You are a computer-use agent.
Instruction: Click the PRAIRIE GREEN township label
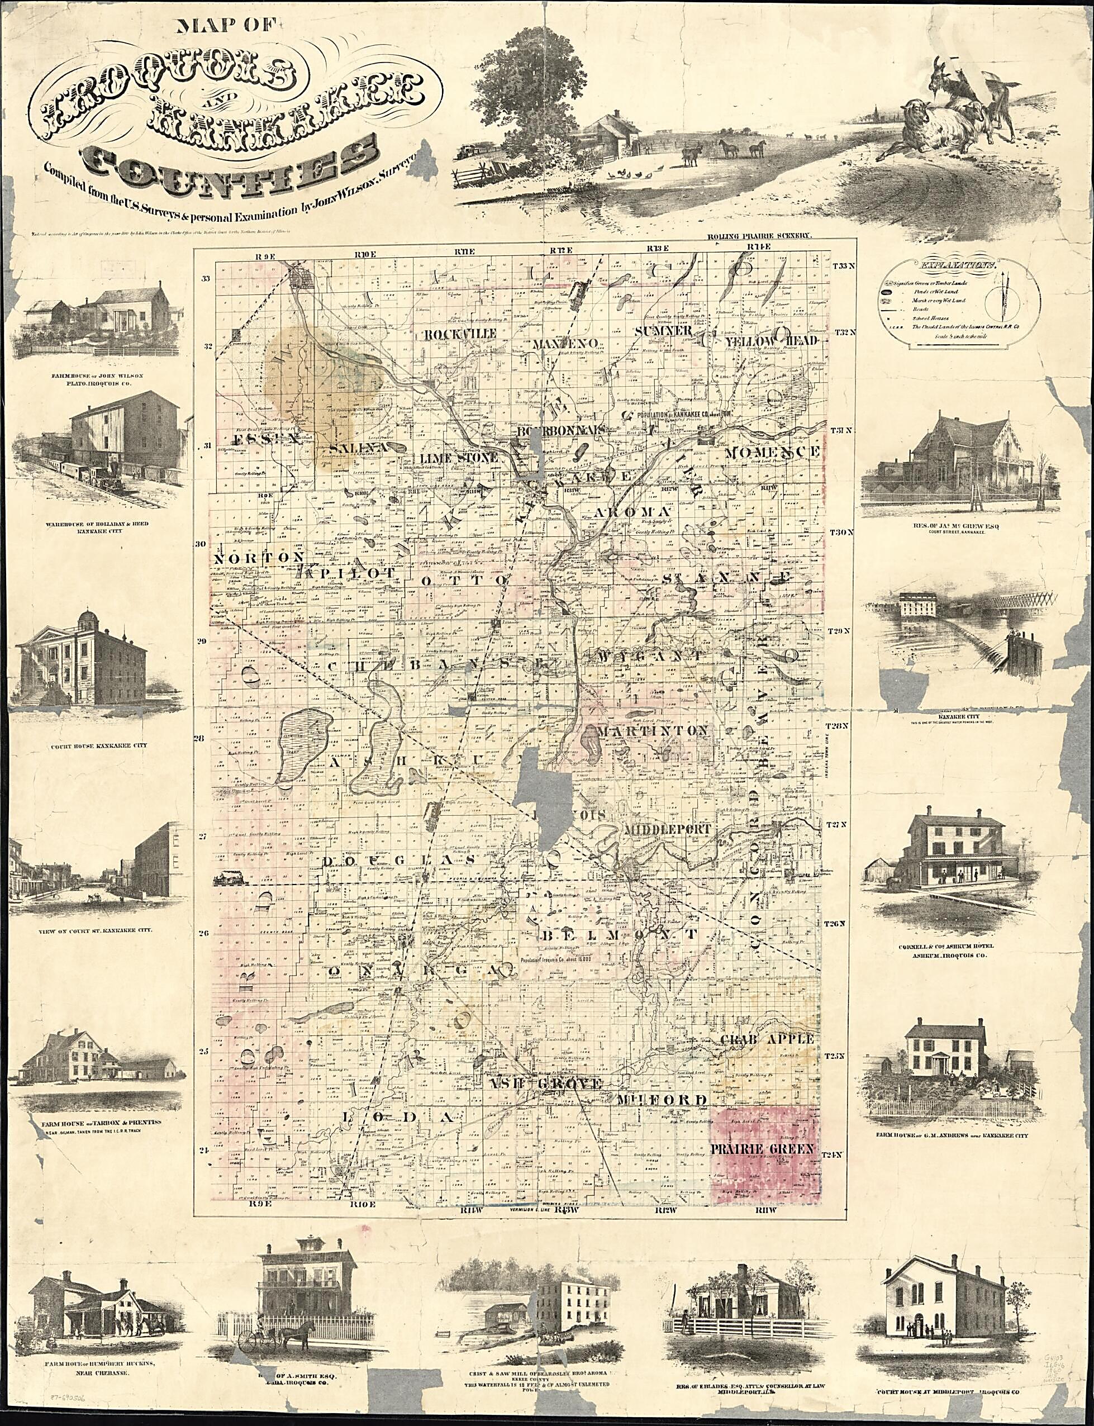point(763,1150)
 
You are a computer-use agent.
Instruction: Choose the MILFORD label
point(662,1100)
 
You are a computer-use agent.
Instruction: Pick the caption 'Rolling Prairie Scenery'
point(759,236)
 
